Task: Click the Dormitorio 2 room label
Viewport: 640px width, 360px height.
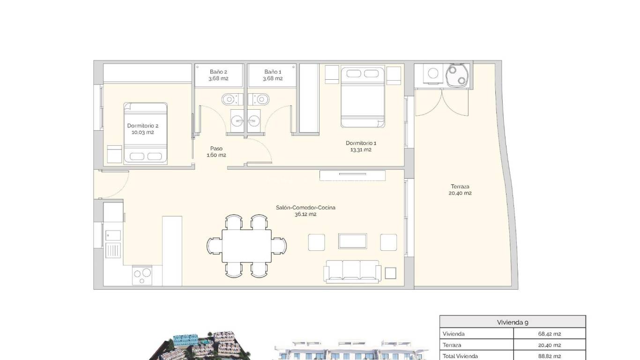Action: [143, 126]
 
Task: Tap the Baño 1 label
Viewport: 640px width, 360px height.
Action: [273, 72]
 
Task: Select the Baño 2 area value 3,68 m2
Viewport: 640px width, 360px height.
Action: [218, 79]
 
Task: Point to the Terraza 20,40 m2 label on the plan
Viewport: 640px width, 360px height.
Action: [459, 189]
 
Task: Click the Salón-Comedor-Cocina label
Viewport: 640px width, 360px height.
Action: [305, 208]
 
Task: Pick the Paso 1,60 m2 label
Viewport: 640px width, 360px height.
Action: [216, 151]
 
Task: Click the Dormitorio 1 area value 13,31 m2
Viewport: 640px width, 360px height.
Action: [361, 150]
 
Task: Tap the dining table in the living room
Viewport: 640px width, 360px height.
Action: [246, 246]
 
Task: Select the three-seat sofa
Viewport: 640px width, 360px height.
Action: [352, 271]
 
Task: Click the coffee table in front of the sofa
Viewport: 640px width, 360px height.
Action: [352, 241]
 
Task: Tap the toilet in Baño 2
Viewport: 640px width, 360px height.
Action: [230, 99]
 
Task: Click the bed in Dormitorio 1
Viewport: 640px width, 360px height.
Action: [363, 97]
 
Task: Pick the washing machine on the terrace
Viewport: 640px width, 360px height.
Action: [433, 74]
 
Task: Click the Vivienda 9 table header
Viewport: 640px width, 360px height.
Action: [513, 322]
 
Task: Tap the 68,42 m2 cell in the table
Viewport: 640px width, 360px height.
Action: [550, 334]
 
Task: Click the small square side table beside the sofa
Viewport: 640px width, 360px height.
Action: [390, 273]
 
